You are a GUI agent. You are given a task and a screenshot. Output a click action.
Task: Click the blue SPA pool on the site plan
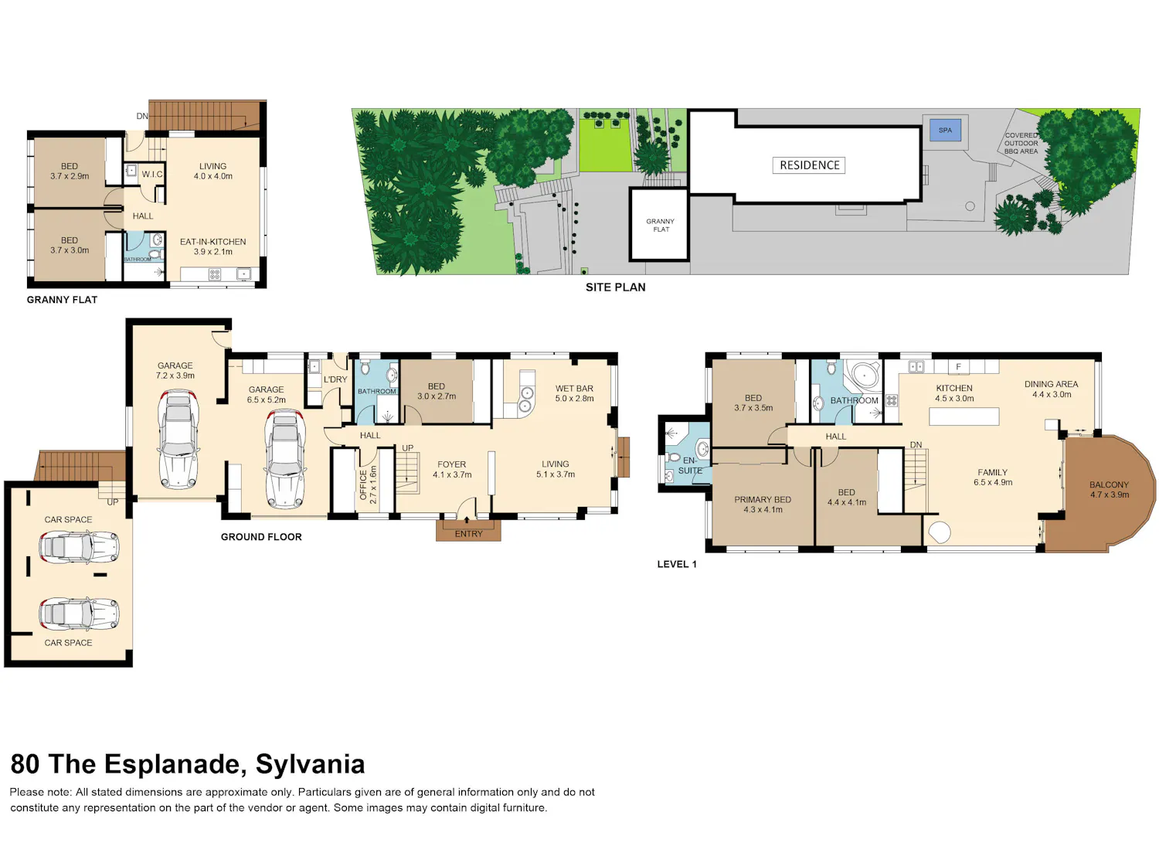click(945, 131)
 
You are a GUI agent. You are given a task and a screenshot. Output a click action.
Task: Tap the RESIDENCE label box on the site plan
click(809, 165)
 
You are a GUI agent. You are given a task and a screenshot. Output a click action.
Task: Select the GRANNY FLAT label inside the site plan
click(661, 225)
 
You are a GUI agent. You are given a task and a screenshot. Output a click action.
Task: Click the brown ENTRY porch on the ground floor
click(468, 530)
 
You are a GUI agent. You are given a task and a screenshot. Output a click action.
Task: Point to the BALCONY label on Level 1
click(1109, 485)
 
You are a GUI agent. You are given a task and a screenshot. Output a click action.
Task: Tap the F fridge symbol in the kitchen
click(958, 367)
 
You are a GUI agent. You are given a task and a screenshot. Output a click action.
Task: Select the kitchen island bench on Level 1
click(964, 416)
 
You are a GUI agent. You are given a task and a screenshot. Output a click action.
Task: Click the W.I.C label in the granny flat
click(152, 175)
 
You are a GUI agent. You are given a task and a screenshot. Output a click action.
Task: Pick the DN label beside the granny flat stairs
click(141, 117)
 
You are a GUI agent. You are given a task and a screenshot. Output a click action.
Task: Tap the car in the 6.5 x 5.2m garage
click(285, 458)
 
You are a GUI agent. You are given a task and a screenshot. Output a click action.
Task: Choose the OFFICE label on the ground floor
click(363, 485)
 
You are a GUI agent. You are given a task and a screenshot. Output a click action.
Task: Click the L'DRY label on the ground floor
click(335, 379)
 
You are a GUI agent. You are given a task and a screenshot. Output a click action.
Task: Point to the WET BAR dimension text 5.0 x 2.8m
click(574, 399)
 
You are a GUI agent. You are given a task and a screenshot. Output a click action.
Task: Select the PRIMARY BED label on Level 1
click(763, 499)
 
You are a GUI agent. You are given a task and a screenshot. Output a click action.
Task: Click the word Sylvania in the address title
click(310, 764)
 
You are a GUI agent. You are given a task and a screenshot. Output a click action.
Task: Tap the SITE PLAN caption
click(615, 287)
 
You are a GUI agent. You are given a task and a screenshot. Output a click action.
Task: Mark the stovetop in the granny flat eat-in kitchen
click(214, 274)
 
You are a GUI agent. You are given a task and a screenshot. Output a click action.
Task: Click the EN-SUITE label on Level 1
click(690, 465)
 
